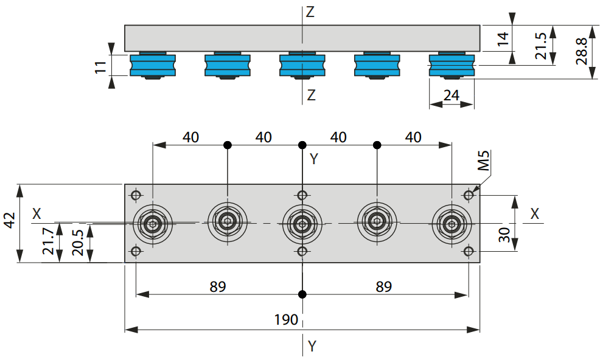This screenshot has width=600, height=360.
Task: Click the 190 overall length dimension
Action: (x=286, y=319)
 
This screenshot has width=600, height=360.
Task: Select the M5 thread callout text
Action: (x=484, y=161)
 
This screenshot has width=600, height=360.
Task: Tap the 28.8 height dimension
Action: (x=582, y=51)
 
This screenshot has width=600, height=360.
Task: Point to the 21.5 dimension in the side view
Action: (x=541, y=46)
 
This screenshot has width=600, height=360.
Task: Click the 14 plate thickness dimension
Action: (x=503, y=39)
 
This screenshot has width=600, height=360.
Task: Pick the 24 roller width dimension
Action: (x=452, y=95)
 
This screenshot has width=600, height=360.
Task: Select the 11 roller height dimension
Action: (x=100, y=67)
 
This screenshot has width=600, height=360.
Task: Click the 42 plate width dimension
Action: (x=10, y=220)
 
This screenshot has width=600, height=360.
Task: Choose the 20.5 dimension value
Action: (x=77, y=243)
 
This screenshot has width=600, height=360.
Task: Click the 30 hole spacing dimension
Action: (x=504, y=235)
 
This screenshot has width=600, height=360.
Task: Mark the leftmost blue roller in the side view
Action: (x=153, y=65)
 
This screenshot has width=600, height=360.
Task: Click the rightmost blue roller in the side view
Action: (x=452, y=65)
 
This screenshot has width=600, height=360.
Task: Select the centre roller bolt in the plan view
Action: (x=302, y=223)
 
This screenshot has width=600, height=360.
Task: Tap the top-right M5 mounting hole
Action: (x=469, y=195)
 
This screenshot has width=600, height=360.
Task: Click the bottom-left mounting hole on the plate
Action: (x=136, y=251)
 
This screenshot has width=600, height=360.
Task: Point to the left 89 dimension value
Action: (x=218, y=286)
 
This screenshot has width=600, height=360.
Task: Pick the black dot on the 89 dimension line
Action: (x=302, y=294)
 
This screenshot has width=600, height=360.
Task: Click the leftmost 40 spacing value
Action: (x=190, y=137)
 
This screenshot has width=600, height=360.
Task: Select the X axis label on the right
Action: (x=534, y=214)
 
